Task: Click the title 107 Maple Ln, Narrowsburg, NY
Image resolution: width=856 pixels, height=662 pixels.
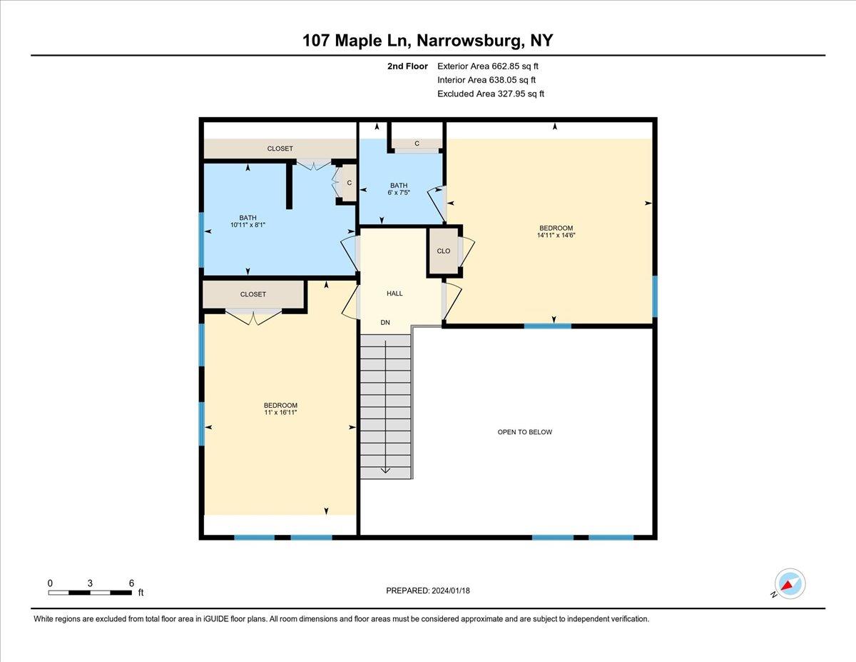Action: coord(428,41)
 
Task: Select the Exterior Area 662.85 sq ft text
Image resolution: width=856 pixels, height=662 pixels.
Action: coord(487,66)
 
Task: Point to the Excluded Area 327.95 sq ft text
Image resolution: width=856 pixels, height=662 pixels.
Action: coord(491,94)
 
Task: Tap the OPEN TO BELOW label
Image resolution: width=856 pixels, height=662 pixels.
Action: coord(524,432)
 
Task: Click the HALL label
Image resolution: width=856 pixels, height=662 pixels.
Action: coord(394,294)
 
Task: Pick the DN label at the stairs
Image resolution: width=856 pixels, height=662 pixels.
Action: coord(385,323)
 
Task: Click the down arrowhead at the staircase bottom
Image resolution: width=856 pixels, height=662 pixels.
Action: coord(385,469)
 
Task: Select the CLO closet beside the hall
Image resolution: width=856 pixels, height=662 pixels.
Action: coord(443,251)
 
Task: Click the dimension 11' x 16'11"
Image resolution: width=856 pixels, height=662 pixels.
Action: coord(280,413)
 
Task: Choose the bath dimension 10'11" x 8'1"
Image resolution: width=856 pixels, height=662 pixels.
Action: coord(248,225)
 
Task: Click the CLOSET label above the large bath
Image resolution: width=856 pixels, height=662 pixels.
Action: coord(280,149)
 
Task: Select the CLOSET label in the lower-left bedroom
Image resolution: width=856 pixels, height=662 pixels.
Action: coord(253,294)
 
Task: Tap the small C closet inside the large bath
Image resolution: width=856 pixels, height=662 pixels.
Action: coord(349,183)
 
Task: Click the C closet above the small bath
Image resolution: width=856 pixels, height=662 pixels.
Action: coord(417,144)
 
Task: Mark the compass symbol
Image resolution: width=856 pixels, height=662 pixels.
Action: coord(790,584)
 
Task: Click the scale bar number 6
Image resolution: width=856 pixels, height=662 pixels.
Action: coord(131,583)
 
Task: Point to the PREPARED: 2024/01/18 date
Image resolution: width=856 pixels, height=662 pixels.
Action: coord(429,591)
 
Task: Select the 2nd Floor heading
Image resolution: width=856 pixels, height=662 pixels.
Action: coord(407,66)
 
